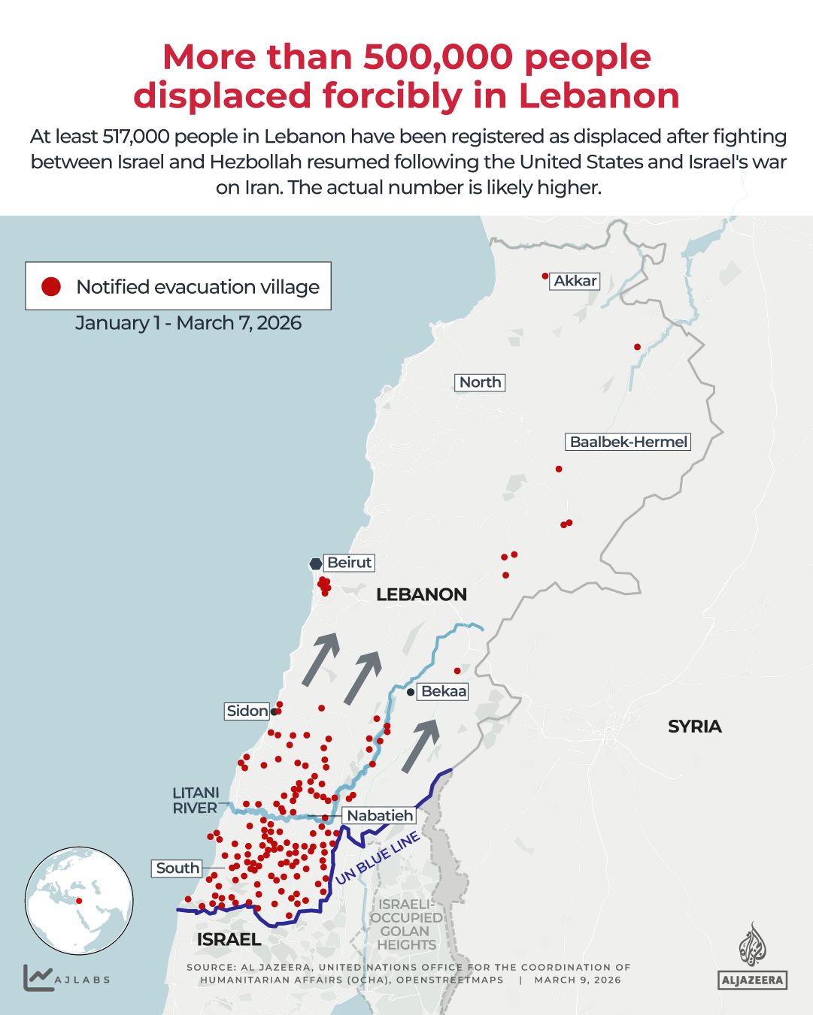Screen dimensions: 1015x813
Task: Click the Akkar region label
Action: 575,281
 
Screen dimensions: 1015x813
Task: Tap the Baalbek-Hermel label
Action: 628,442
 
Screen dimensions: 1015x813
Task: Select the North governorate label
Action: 480,382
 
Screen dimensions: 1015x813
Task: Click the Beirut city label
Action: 349,563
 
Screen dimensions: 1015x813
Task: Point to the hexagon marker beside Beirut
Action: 316,563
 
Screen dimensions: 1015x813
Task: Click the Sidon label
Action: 247,711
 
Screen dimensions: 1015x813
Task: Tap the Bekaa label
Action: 443,691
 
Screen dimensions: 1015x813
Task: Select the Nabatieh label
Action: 380,815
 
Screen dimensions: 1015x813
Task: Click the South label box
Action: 177,868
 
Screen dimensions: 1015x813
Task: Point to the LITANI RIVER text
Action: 196,800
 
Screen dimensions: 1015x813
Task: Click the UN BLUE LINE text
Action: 377,858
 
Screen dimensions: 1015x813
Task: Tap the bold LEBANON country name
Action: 421,594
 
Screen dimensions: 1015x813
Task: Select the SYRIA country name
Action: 694,727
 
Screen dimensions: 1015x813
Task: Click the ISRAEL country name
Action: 229,939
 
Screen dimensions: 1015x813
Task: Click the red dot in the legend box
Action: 51,286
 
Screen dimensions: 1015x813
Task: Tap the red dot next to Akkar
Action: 545,276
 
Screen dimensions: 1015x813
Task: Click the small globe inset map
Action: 79,900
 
